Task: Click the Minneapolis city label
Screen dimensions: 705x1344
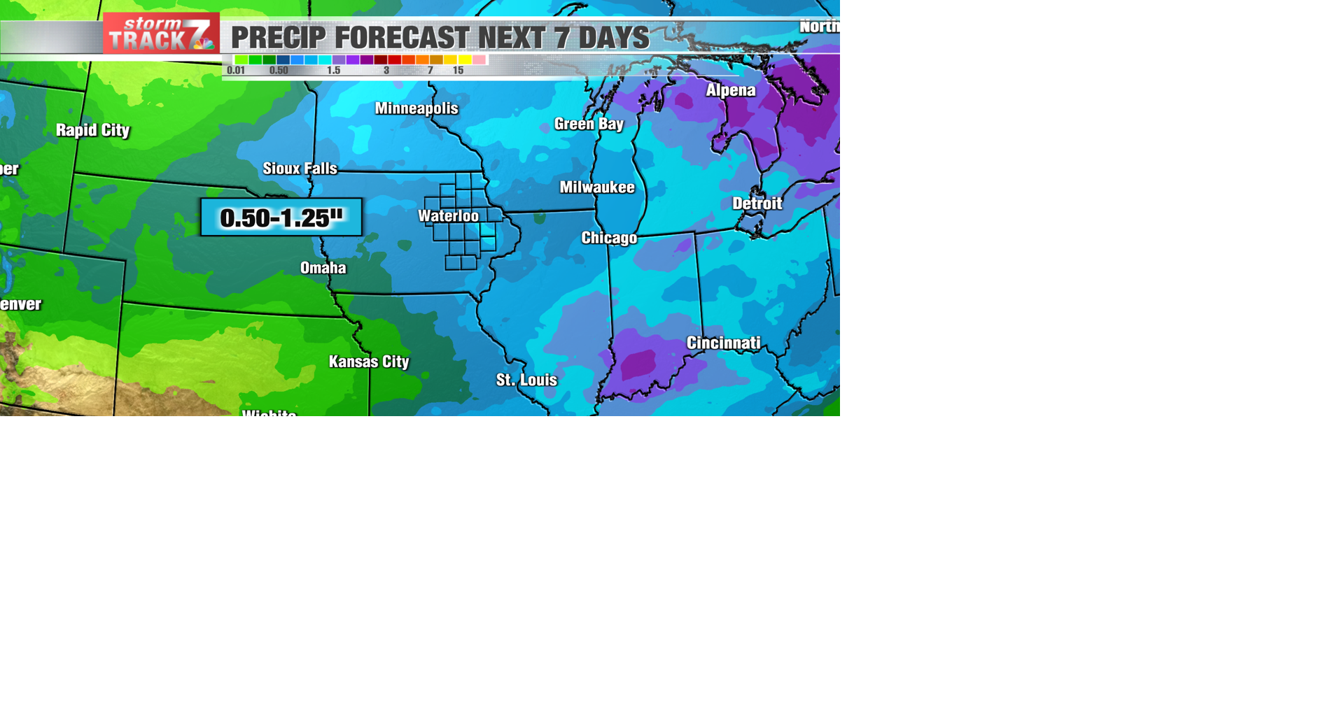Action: (416, 108)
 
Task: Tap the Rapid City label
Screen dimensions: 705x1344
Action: (92, 130)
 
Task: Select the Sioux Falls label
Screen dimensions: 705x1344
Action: (300, 169)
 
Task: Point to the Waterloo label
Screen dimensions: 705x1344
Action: (449, 216)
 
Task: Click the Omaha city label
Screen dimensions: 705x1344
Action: (323, 268)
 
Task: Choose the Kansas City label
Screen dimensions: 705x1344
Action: (369, 362)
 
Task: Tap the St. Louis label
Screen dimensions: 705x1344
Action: (526, 380)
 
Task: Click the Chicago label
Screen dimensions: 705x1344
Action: (609, 238)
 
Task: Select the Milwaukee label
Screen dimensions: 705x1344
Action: (597, 187)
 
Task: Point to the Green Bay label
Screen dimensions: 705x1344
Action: (589, 124)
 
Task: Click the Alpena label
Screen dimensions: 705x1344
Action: (730, 90)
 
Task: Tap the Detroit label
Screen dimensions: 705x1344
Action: (757, 204)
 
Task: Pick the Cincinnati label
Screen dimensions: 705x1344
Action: (723, 343)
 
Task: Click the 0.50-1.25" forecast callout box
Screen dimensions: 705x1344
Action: (281, 218)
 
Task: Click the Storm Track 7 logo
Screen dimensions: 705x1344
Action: (161, 34)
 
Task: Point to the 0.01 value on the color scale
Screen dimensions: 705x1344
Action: (236, 71)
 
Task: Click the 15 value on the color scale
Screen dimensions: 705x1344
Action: (458, 71)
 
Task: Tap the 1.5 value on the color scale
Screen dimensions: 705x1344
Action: (333, 71)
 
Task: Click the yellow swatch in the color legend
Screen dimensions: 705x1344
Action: (464, 60)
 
